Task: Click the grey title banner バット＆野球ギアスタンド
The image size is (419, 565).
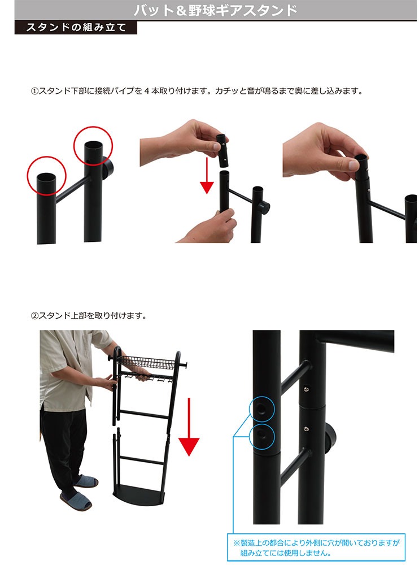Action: click(x=216, y=10)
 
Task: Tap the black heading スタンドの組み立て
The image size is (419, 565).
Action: click(x=76, y=28)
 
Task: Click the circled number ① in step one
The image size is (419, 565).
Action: click(x=34, y=91)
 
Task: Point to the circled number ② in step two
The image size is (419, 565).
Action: click(x=34, y=316)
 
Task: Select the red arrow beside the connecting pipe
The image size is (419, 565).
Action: click(x=207, y=176)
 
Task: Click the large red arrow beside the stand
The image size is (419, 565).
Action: click(x=189, y=427)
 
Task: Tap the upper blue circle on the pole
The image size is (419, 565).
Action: click(x=262, y=409)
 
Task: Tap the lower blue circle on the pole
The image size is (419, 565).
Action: click(x=262, y=437)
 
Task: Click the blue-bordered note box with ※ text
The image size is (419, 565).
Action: click(x=316, y=547)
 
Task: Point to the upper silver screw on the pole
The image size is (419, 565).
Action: click(x=306, y=389)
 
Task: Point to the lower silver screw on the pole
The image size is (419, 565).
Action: click(x=306, y=428)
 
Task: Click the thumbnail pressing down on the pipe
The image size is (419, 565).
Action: click(x=353, y=166)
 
